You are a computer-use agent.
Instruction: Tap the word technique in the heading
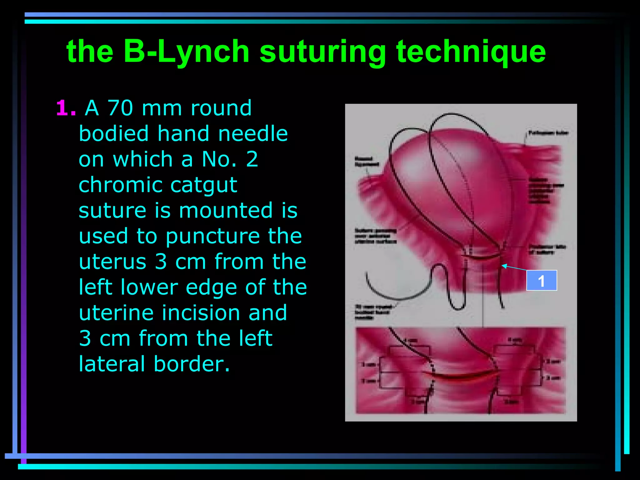click(471, 52)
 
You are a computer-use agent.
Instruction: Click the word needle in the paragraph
click(253, 134)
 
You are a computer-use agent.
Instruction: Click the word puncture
click(212, 237)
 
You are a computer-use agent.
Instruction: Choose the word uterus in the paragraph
click(112, 262)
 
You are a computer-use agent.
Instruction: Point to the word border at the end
click(192, 364)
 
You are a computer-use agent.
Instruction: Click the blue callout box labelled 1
click(541, 280)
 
